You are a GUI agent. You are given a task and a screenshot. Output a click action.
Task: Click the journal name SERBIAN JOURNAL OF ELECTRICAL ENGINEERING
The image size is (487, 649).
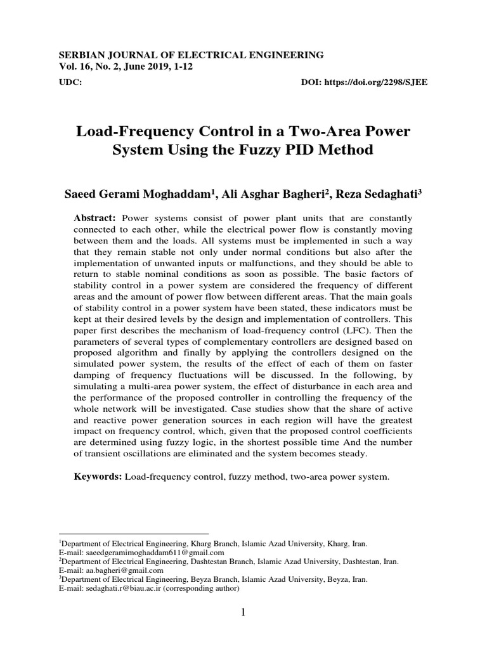click(x=191, y=55)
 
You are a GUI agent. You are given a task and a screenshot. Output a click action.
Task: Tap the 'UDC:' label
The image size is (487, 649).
click(x=69, y=83)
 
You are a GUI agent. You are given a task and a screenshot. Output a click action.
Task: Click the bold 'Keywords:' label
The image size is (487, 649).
click(x=98, y=476)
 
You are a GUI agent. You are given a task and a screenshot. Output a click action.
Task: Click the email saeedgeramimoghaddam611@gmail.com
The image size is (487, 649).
click(x=138, y=553)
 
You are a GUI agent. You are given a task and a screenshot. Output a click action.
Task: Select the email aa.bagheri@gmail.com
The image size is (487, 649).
click(x=119, y=570)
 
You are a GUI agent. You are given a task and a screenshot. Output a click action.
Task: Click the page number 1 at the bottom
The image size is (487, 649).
click(x=243, y=612)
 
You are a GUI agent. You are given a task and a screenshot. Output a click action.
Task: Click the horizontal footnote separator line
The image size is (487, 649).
click(x=133, y=534)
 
